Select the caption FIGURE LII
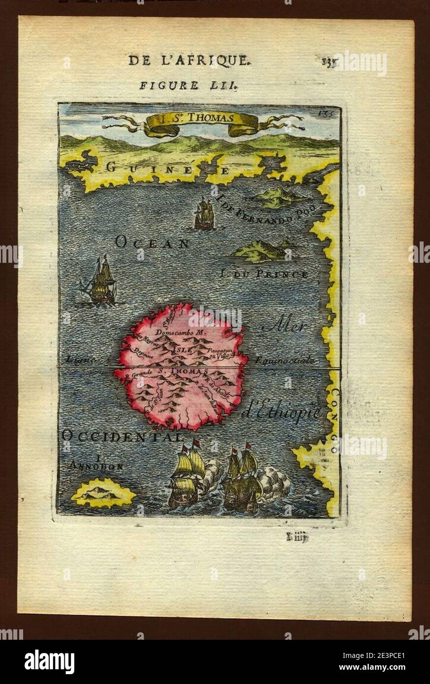click(x=189, y=85)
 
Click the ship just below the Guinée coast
click(x=204, y=214)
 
